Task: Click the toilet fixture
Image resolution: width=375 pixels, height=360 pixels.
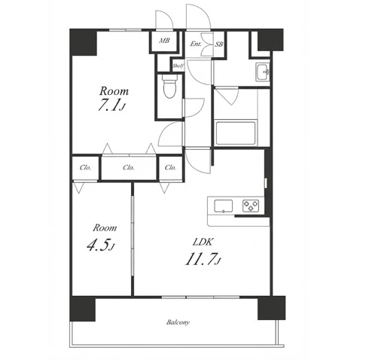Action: pyautogui.click(x=169, y=86)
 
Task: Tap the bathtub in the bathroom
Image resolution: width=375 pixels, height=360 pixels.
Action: pyautogui.click(x=236, y=133)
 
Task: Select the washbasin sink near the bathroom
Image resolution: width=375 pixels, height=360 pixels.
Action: pyautogui.click(x=263, y=72)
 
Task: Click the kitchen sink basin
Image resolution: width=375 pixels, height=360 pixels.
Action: pyautogui.click(x=223, y=206)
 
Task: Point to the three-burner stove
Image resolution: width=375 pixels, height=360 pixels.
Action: pyautogui.click(x=251, y=206)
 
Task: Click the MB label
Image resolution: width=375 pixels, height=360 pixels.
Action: pyautogui.click(x=164, y=40)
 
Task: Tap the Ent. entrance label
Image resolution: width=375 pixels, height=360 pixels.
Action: pyautogui.click(x=196, y=44)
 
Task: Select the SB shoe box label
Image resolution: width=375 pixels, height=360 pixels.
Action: pyautogui.click(x=219, y=44)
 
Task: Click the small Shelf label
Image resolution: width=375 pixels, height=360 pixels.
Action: pyautogui.click(x=178, y=66)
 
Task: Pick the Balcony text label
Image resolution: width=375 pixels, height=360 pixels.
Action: pyautogui.click(x=178, y=322)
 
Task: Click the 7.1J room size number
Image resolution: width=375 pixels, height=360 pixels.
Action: pyautogui.click(x=111, y=105)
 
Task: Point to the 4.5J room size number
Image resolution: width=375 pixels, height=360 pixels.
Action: pyautogui.click(x=101, y=245)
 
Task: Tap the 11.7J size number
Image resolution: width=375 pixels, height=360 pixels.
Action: pyautogui.click(x=203, y=259)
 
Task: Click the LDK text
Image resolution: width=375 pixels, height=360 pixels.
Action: pyautogui.click(x=203, y=242)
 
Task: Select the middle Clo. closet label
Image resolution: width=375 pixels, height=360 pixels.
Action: pyautogui.click(x=129, y=167)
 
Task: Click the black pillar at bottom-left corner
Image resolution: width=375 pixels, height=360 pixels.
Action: pyautogui.click(x=83, y=309)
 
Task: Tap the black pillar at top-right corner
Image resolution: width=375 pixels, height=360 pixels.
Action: pyautogui.click(x=270, y=40)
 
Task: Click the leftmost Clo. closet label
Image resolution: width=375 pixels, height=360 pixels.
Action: pyautogui.click(x=85, y=167)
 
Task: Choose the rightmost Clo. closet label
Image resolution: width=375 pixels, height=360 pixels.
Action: pyautogui.click(x=170, y=167)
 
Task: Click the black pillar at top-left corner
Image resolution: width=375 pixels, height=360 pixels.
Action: pyautogui.click(x=83, y=42)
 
